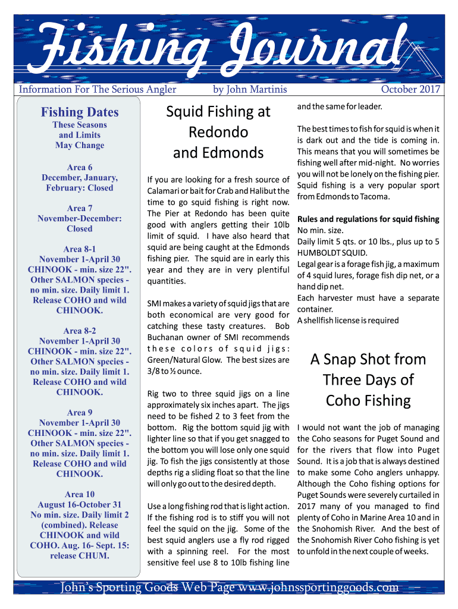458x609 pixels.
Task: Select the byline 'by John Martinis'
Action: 250,89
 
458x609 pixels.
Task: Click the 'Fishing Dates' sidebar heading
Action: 80,112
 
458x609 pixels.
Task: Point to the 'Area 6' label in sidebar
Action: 80,167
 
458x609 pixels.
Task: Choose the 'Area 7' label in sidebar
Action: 80,208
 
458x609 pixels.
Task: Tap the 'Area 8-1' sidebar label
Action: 80,249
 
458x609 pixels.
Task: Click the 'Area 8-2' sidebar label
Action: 80,331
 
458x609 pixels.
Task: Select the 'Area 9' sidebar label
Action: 80,412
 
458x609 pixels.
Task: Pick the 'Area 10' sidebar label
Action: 80,494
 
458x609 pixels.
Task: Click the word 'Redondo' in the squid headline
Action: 218,132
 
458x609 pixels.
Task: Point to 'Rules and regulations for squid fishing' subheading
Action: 368,219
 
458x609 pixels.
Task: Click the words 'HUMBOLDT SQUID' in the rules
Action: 332,253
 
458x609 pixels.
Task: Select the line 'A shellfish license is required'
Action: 348,321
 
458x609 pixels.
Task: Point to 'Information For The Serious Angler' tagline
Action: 98,89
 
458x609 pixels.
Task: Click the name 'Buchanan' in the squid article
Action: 168,337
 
